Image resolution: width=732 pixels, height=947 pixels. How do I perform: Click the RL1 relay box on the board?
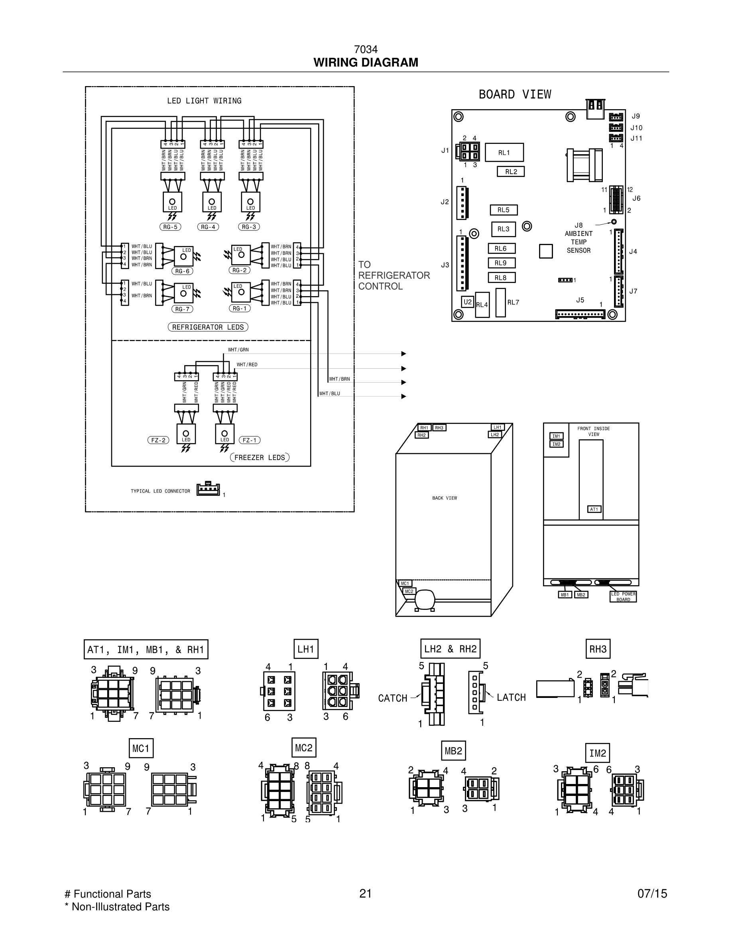[x=504, y=152]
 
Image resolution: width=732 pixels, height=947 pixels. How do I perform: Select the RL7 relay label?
[x=513, y=302]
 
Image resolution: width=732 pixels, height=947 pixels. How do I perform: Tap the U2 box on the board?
[x=467, y=302]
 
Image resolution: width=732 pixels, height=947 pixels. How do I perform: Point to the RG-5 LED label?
[x=170, y=227]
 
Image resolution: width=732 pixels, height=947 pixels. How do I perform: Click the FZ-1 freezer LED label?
[x=249, y=440]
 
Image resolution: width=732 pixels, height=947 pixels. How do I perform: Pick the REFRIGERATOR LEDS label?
[x=208, y=327]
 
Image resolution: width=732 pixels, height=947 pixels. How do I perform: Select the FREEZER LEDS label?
[x=259, y=458]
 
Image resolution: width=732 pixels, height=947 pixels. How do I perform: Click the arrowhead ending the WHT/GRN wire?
[x=404, y=354]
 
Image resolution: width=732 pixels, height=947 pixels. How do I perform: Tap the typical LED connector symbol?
[x=208, y=489]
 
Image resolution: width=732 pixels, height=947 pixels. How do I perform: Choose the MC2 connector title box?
[x=303, y=748]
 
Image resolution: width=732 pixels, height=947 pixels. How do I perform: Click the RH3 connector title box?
[x=598, y=649]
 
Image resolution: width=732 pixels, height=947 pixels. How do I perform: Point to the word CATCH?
[x=392, y=698]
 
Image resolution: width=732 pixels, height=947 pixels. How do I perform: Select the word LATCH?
[x=511, y=697]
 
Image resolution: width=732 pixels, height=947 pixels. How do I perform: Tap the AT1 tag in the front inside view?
[x=594, y=509]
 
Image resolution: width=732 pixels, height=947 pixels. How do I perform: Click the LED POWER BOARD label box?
[x=623, y=597]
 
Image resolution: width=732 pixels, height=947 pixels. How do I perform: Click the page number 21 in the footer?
[x=365, y=894]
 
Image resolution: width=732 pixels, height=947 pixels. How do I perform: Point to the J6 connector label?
[x=636, y=198]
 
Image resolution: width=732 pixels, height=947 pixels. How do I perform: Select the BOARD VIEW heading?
[x=515, y=94]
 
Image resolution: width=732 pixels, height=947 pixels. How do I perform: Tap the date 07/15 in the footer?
[x=652, y=894]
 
